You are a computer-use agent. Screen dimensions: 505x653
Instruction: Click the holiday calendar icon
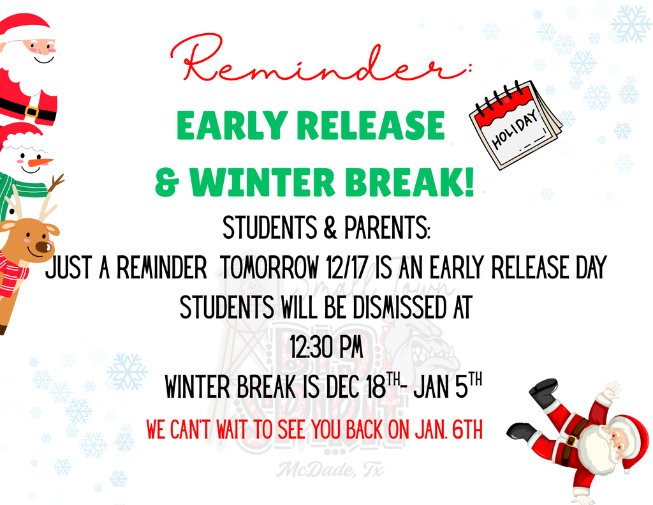coord(515,124)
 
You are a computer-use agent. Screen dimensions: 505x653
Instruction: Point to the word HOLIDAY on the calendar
coord(516,130)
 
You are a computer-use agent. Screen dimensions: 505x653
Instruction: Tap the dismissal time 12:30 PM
coord(326,349)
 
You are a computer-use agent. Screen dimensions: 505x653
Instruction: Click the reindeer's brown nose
coord(43,246)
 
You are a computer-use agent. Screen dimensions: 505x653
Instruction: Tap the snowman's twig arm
coord(56,183)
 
